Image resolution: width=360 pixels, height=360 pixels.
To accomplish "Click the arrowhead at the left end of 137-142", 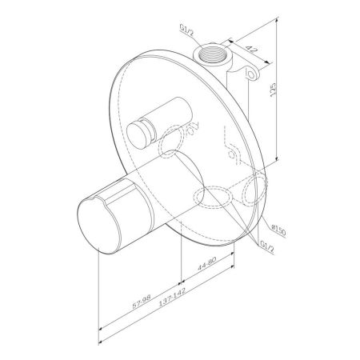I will (99, 328).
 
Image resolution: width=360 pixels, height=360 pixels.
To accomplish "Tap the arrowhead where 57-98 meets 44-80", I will (182, 282).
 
